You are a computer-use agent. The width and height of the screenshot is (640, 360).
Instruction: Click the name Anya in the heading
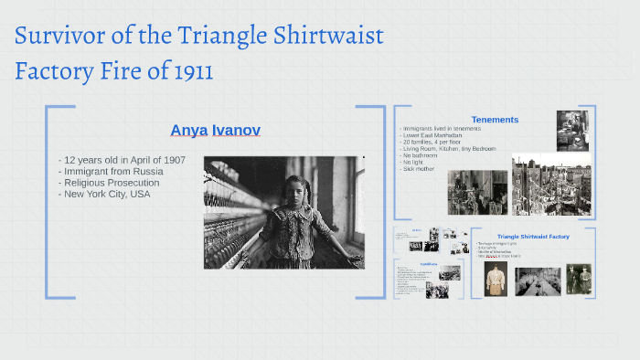coord(188,131)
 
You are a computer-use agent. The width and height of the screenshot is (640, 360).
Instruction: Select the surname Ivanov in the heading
coord(236,131)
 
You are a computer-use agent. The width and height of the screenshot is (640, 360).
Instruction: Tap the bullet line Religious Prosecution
coord(112,183)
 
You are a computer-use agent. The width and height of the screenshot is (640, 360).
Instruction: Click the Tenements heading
coord(495,120)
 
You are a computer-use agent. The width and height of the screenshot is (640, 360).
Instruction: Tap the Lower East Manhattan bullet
coord(433,135)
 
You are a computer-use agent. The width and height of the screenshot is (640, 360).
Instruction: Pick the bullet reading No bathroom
coord(421,155)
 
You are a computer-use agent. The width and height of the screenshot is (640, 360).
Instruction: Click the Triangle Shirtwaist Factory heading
coord(533,237)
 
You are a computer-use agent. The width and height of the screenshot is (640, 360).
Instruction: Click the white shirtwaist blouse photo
coord(496,280)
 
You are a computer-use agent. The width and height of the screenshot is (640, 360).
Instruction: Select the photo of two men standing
coord(578,279)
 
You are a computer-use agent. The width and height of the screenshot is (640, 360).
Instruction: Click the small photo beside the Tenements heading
coord(572,131)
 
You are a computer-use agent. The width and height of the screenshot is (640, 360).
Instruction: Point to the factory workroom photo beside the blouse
coord(538,281)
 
